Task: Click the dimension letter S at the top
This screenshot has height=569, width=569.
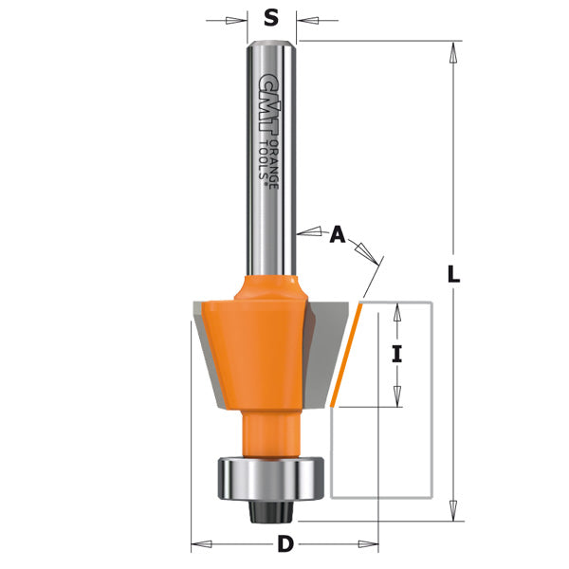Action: tap(271, 17)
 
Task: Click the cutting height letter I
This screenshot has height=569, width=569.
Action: tap(397, 355)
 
